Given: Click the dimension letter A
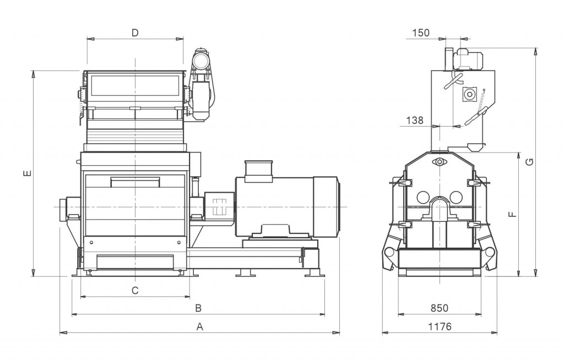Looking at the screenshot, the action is pyautogui.click(x=200, y=326).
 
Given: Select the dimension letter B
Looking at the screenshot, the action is pyautogui.click(x=198, y=308).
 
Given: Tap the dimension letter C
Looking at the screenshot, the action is pyautogui.click(x=135, y=290).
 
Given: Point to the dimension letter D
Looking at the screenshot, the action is pyautogui.click(x=135, y=33).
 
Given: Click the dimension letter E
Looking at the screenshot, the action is pyautogui.click(x=28, y=173).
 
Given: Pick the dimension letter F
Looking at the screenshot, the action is pyautogui.click(x=513, y=214).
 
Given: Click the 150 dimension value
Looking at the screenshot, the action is pyautogui.click(x=421, y=32).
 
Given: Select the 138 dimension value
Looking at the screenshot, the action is pyautogui.click(x=415, y=120).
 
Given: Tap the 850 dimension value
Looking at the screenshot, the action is pyautogui.click(x=440, y=308).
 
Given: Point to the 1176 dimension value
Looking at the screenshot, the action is pyautogui.click(x=440, y=326).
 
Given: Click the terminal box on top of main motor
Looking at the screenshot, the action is pyautogui.click(x=258, y=168).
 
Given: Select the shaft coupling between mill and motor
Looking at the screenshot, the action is pyautogui.click(x=219, y=207).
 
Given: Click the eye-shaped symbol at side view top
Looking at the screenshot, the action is pyautogui.click(x=439, y=162).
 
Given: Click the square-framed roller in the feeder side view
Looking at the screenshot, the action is pyautogui.click(x=469, y=94).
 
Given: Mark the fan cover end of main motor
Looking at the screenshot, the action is pyautogui.click(x=326, y=207).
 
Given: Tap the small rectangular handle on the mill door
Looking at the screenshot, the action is pyautogui.click(x=135, y=182).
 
